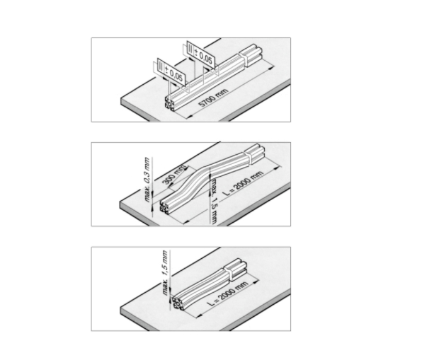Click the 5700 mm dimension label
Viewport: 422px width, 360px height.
215,98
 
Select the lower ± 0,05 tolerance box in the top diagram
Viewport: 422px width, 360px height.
171,71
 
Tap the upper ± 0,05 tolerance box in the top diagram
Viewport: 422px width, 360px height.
201,55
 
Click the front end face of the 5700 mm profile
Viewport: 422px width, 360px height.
169,103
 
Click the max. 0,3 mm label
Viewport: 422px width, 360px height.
147,180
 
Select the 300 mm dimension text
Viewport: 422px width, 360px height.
174,175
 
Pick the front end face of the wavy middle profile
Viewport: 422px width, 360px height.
165,207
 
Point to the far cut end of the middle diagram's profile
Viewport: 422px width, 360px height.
254,153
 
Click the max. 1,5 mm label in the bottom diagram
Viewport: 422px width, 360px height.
166,272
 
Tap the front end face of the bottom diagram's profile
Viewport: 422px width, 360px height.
178,303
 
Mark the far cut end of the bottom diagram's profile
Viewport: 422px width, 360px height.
236,269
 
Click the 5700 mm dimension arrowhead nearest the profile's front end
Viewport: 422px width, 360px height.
190,116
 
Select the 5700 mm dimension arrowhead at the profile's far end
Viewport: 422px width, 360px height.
271,69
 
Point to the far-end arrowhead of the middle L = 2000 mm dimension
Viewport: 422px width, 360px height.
275,168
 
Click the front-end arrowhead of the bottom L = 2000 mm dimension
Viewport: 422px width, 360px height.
200,315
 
